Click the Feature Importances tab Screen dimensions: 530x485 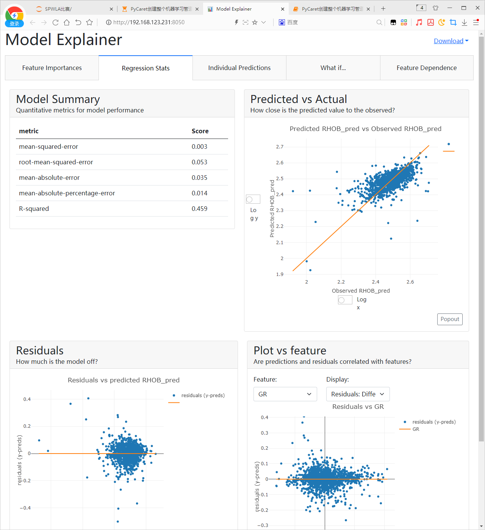click(52, 68)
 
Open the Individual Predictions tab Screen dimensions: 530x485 click(239, 68)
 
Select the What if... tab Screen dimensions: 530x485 click(333, 68)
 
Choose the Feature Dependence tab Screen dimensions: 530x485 click(426, 68)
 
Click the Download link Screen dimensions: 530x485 click(449, 41)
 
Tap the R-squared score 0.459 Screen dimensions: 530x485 click(199, 209)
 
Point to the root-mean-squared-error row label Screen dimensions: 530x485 click(56, 162)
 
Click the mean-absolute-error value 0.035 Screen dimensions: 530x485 click(199, 178)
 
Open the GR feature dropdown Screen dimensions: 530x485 click(285, 394)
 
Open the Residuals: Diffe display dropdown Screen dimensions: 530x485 click(358, 394)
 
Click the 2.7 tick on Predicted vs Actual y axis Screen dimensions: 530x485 click(280, 147)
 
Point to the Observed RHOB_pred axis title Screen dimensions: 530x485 click(361, 291)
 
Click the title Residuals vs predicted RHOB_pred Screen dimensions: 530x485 click(124, 380)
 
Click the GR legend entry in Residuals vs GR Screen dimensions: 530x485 click(416, 429)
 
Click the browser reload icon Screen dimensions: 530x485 click(55, 22)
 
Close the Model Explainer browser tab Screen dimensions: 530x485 click(283, 9)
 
